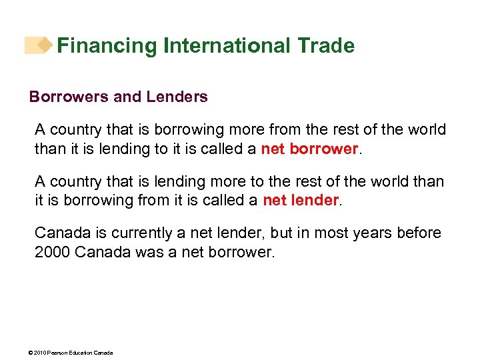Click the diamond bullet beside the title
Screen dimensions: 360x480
tap(45, 45)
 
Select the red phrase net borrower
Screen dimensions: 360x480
tap(310, 149)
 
